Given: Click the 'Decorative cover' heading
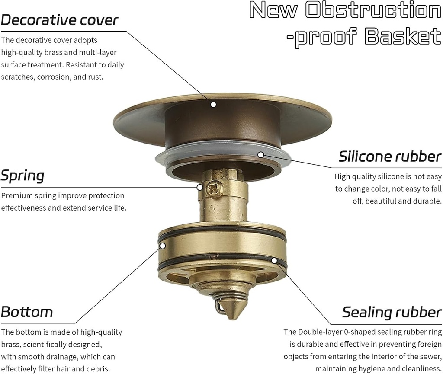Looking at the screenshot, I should pos(59,20).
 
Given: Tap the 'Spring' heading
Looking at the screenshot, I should pos(22,176).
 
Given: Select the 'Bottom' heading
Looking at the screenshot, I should pos(27,312).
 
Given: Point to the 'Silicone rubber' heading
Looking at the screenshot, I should pos(390,156).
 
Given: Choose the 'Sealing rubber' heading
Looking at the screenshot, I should pos(392,312).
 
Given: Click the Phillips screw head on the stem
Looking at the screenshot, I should pos(213,188).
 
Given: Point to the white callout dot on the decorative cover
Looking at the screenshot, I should pos(213,104).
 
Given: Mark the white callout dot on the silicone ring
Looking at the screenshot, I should pos(260,154).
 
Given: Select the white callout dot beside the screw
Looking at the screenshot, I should pos(200,187).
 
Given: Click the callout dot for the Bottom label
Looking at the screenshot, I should pos(163,246).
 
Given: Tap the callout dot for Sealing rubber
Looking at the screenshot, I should pos(274,260).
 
